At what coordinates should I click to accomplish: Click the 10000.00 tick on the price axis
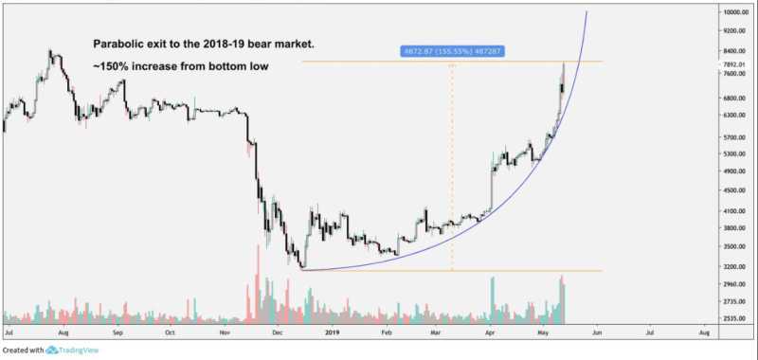(x=736, y=12)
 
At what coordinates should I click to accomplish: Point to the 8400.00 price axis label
(x=736, y=51)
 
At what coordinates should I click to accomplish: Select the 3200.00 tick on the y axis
(x=736, y=264)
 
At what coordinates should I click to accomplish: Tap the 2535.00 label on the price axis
(x=736, y=319)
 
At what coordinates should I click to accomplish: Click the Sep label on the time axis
(x=117, y=334)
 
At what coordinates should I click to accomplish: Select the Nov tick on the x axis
(x=225, y=334)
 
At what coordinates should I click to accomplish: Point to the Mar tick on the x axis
(x=435, y=334)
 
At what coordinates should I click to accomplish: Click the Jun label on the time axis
(x=596, y=334)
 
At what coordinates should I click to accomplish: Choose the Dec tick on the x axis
(x=278, y=334)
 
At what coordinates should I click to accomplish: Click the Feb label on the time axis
(x=387, y=334)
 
